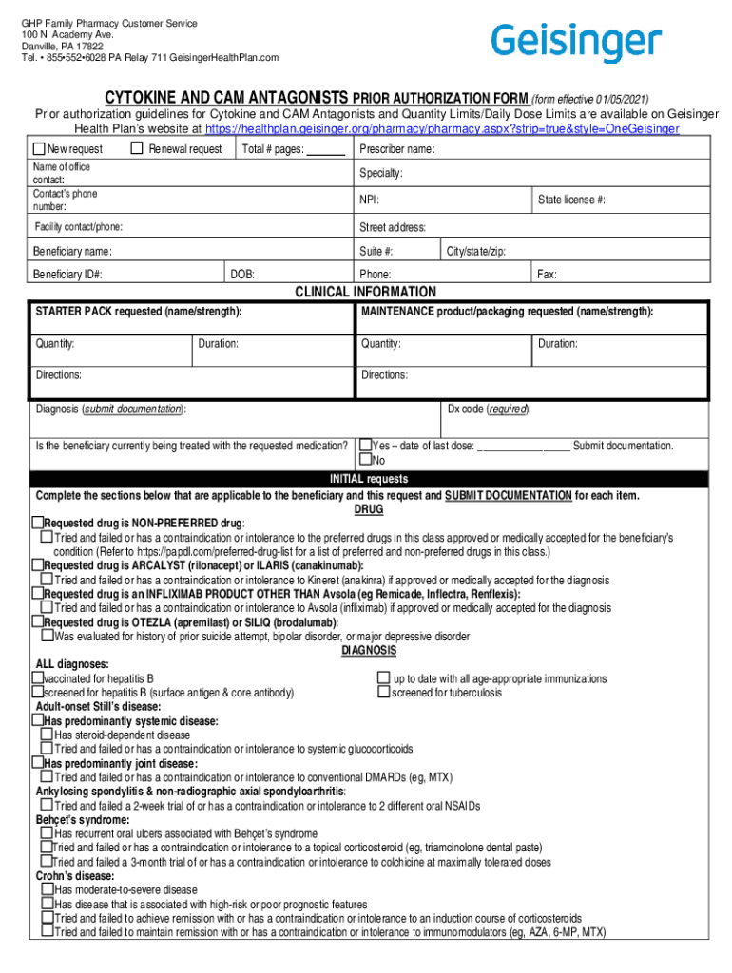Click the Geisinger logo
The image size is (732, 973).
coord(576,43)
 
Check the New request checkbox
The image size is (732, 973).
coord(39,149)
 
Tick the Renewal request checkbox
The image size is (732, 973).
coord(137,148)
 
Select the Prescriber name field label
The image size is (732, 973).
coord(397,149)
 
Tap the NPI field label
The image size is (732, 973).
coord(369,200)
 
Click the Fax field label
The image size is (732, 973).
coord(547,274)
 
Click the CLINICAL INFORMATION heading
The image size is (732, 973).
coord(366,292)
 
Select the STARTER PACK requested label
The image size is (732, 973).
coord(138,312)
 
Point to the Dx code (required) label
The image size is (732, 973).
coord(489,409)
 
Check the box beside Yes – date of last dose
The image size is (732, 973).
coord(365,445)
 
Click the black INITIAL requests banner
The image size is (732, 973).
coord(369,479)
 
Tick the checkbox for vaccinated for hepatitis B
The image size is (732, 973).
coord(38,678)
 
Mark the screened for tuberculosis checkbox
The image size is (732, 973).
coord(384,693)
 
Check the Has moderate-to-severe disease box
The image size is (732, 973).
coord(47,889)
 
